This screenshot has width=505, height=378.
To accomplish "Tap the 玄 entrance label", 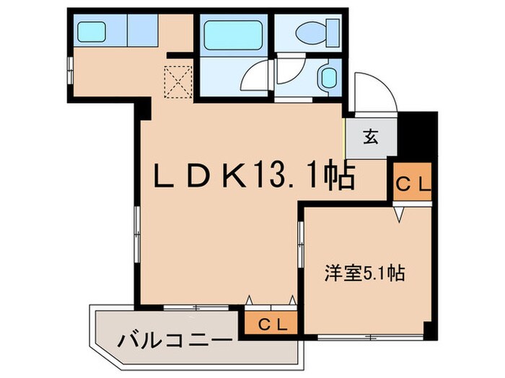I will pos(370,137).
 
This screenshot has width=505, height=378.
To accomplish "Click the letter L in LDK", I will pos(163,176).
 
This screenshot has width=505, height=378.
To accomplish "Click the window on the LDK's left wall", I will pos(134,230).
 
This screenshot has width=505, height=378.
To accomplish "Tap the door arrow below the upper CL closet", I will pos(399,214).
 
